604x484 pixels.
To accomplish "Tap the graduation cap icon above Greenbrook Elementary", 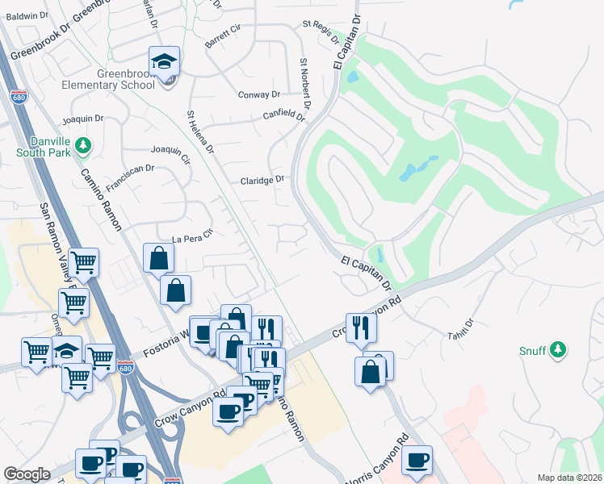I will [164, 61].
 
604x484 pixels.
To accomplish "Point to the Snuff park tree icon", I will [557, 350].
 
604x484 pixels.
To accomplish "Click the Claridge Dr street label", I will [262, 180].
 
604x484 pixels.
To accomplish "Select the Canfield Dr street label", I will [283, 115].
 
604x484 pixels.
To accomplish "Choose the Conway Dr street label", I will [258, 94].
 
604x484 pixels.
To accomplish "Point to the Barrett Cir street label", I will [223, 36].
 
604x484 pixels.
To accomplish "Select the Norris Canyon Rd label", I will [378, 463].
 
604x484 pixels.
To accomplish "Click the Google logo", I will [27, 474].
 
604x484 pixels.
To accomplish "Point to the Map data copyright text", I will [569, 478].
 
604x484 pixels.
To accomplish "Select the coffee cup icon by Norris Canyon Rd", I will [417, 460].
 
